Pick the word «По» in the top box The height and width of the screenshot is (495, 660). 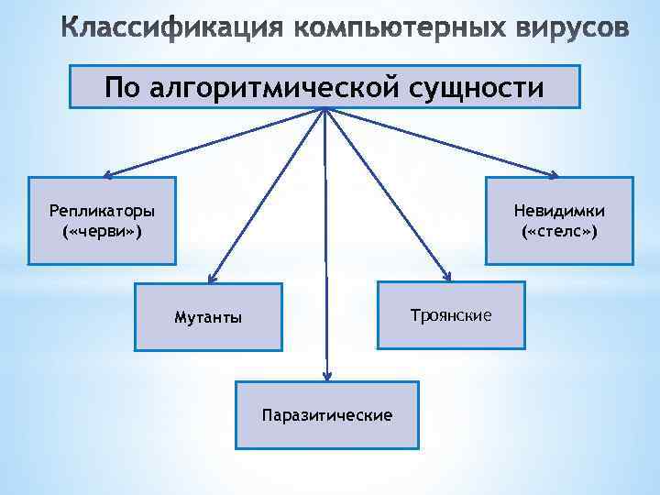[123, 87]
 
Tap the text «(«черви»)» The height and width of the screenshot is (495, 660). [102, 232]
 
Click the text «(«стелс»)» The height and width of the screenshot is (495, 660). [559, 232]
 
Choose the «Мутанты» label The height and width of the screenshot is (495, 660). [208, 318]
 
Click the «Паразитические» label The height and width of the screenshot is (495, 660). [327, 415]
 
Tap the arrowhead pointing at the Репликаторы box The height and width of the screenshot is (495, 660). [106, 174]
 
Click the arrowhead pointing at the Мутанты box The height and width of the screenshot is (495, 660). [211, 278]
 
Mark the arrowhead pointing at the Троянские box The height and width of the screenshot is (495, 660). [448, 276]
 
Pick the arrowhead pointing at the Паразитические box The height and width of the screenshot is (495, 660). [326, 375]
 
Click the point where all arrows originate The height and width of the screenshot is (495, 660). [324, 109]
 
